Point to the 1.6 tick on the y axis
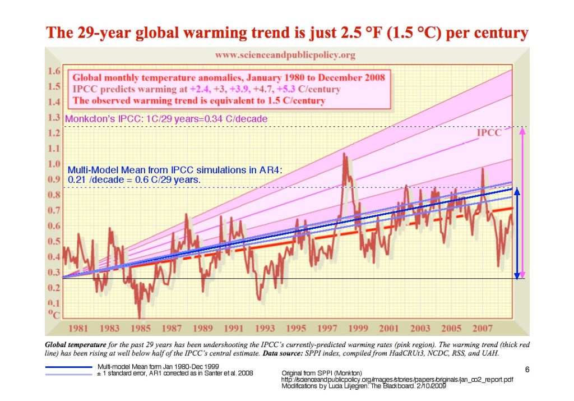pyautogui.click(x=54, y=72)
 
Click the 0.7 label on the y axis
pyautogui.click(x=54, y=210)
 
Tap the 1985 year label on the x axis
pyautogui.click(x=140, y=328)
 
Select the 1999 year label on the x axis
pyautogui.click(x=358, y=328)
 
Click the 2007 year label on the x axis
pyautogui.click(x=482, y=328)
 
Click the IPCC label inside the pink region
pyautogui.click(x=488, y=133)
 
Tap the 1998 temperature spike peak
pyautogui.click(x=344, y=155)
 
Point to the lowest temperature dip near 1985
pyautogui.click(x=140, y=316)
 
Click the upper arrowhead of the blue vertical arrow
pyautogui.click(x=517, y=191)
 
